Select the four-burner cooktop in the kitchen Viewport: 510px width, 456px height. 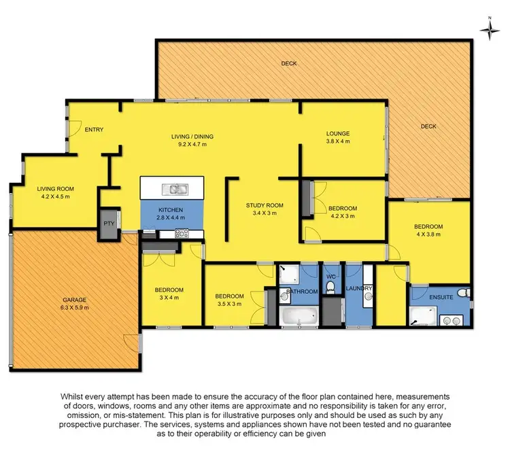pos(182,234)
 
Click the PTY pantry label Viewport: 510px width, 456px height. pos(108,224)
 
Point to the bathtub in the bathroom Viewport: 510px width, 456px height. pos(299,316)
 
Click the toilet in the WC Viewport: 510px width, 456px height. pos(330,289)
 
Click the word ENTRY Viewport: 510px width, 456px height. pos(94,130)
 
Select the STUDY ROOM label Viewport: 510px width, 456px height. pos(265,205)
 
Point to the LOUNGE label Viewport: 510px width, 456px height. pos(337,134)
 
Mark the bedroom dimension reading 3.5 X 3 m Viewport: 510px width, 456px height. pos(230,304)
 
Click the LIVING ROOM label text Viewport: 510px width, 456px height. pos(55,189)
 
